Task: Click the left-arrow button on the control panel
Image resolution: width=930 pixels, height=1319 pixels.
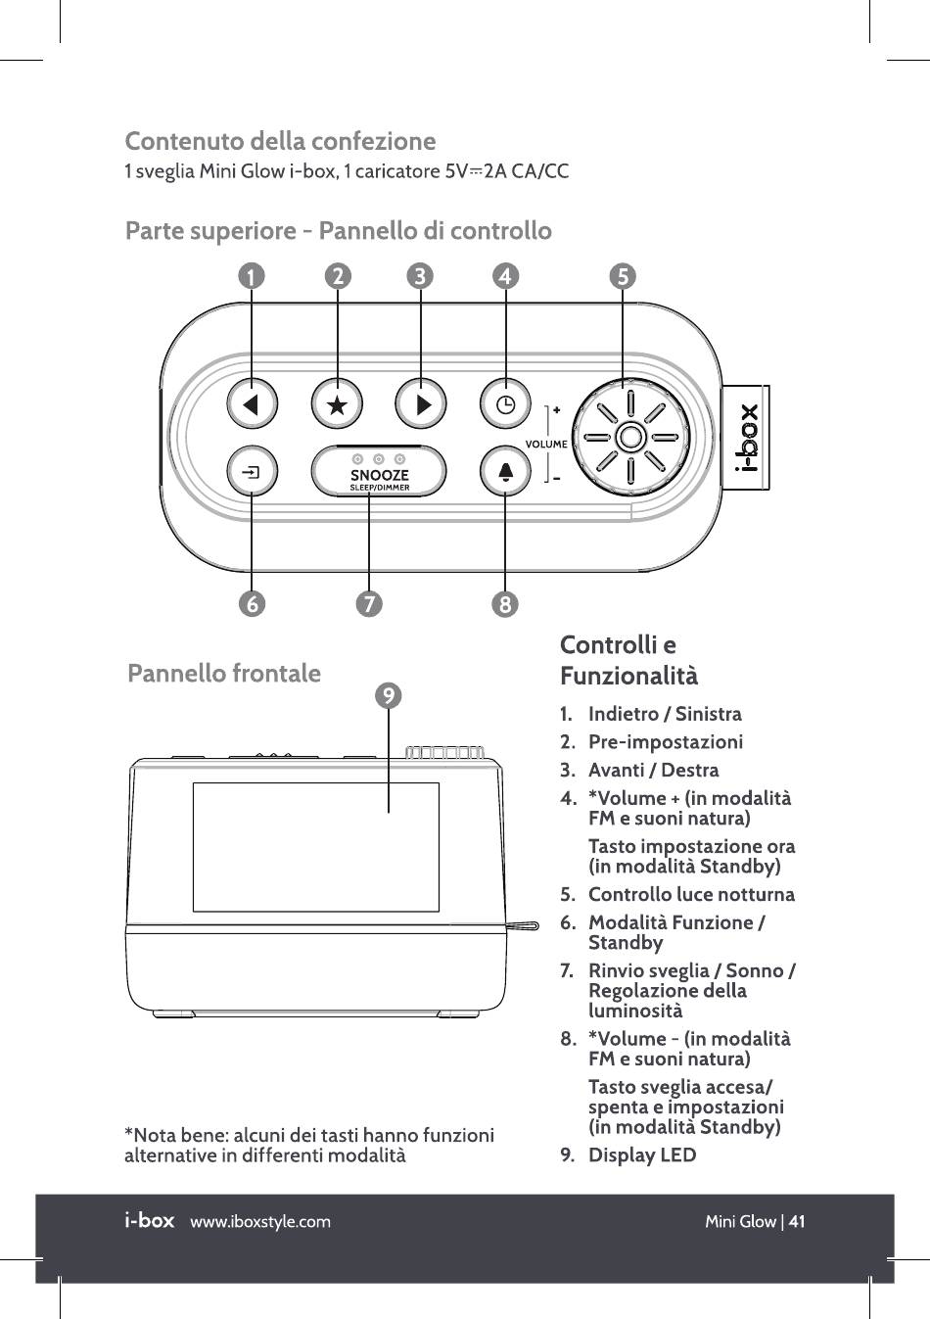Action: [x=253, y=403]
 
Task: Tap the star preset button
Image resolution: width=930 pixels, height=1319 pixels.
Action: [x=337, y=403]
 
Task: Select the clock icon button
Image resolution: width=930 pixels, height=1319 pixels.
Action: [x=421, y=403]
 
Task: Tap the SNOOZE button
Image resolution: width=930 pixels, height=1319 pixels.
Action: [x=379, y=472]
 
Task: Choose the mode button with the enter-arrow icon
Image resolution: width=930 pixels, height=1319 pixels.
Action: [x=253, y=472]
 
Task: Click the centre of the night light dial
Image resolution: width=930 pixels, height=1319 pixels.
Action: [x=631, y=437]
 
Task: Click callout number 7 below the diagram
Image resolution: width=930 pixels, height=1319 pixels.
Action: [x=368, y=604]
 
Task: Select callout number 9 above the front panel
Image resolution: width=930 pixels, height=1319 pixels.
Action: [x=389, y=695]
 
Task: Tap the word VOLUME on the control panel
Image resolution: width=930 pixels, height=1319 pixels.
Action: [x=546, y=444]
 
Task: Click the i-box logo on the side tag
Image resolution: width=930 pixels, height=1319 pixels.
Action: [x=748, y=438]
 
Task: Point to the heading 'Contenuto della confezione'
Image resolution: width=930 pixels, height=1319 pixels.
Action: [x=280, y=141]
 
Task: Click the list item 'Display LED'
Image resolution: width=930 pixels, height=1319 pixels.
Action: [x=641, y=1155]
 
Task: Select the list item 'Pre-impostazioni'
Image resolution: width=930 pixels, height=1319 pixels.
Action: [x=665, y=742]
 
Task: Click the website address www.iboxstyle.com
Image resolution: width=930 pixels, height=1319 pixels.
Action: [x=260, y=1221]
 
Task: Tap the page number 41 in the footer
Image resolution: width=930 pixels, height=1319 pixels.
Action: [x=797, y=1221]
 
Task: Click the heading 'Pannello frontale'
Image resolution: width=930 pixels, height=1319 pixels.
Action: [x=224, y=674]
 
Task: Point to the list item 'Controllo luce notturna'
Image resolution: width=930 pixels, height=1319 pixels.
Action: [x=690, y=895]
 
